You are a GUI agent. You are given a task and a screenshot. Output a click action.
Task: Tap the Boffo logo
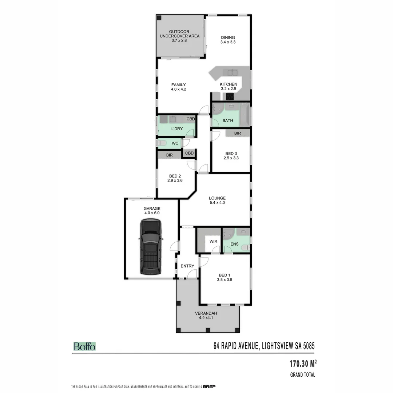[x=84, y=346]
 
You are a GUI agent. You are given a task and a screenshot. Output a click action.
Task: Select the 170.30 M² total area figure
[x=303, y=364]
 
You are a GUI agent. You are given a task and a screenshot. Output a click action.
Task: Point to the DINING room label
[x=228, y=37]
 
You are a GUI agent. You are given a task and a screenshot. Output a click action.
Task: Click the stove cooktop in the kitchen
[x=230, y=96]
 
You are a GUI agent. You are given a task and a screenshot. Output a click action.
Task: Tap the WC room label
[x=175, y=143]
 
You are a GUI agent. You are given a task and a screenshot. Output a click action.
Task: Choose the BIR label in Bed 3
[x=238, y=134]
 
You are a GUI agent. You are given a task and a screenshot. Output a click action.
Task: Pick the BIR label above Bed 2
[x=169, y=155]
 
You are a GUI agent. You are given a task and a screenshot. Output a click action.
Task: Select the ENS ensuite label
[x=234, y=244]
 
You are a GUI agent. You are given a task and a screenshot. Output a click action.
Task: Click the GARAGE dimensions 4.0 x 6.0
[x=152, y=213]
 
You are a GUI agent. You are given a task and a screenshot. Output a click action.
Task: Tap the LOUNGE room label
[x=217, y=198]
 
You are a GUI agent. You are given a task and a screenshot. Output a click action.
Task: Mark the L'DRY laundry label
[x=177, y=129]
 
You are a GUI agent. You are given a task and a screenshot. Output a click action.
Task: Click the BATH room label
[x=227, y=121]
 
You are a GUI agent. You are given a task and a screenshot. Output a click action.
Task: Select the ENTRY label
[x=187, y=266]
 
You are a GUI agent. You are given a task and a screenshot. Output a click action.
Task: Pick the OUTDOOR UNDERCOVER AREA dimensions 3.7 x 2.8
[x=179, y=41]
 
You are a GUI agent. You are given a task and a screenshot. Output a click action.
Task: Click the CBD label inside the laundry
[x=191, y=119]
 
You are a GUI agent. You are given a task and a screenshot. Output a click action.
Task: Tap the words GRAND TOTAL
[x=302, y=375]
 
